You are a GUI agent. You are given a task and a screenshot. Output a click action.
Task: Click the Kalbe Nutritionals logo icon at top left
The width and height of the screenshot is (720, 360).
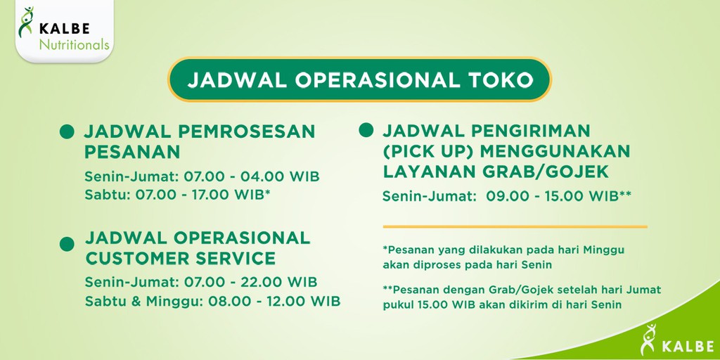(26, 23)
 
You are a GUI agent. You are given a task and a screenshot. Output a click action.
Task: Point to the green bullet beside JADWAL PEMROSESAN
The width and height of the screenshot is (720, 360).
(67, 131)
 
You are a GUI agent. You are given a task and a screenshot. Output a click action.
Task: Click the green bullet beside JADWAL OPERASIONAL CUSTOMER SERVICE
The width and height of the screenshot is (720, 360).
(67, 244)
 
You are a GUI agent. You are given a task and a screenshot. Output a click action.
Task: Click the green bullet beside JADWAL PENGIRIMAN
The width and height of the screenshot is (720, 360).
(366, 131)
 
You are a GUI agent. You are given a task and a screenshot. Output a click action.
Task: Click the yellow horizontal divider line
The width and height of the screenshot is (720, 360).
(515, 226)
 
